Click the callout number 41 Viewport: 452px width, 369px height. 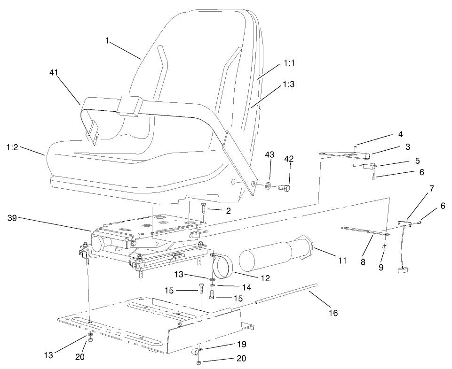pos(55,72)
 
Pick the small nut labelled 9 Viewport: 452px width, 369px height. pos(384,246)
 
